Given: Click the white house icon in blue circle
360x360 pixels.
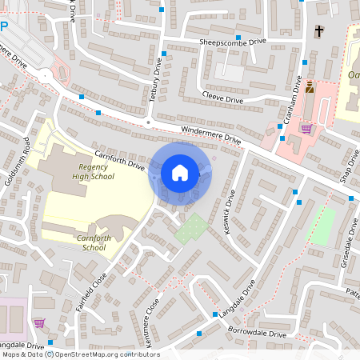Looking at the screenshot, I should [180, 172].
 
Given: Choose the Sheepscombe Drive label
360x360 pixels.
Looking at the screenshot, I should [237, 44].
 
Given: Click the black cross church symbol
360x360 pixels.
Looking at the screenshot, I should [319, 31].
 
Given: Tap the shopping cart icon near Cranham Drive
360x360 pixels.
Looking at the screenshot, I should [306, 128].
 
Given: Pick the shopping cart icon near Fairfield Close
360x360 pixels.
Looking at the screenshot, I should [39, 323].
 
